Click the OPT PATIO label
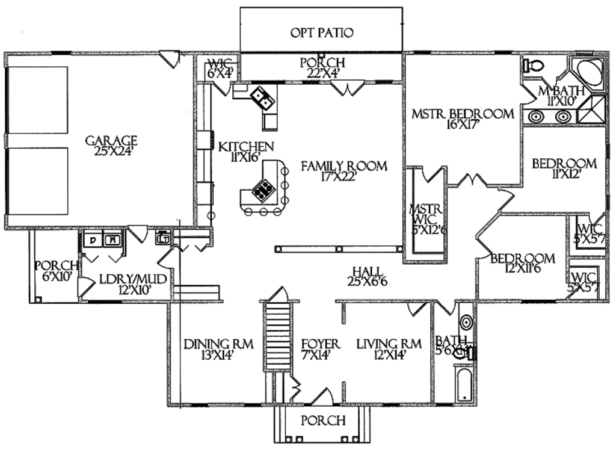[322, 32]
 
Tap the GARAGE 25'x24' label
[111, 146]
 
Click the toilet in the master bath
[533, 66]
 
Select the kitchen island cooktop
[262, 191]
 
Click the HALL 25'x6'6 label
[366, 276]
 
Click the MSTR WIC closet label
[426, 218]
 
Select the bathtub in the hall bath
[463, 385]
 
